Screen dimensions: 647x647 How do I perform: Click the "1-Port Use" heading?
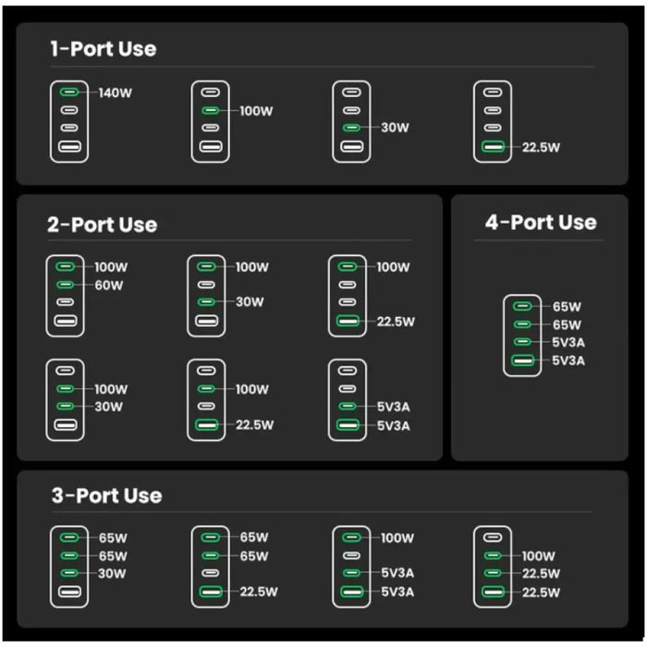coord(103,49)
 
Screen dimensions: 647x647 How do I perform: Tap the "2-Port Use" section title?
coord(103,225)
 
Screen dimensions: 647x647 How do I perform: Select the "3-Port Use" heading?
coord(106,495)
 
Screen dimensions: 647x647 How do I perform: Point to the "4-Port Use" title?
coord(541,223)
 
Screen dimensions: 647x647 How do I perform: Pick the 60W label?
coord(109,285)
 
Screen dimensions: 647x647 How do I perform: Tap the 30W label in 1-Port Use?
coord(395,128)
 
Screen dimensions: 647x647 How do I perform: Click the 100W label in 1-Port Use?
coord(256,111)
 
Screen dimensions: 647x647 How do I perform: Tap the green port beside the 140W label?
coord(69,92)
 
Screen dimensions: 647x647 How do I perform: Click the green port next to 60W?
coord(65,285)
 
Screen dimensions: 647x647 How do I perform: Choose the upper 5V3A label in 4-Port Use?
coord(568,342)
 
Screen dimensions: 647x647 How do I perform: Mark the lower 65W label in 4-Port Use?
coord(567,324)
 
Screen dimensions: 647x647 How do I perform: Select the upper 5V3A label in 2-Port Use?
coord(393,407)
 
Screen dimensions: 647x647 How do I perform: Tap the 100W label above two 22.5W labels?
coord(538,556)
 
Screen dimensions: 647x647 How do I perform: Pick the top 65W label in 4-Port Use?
coord(567,306)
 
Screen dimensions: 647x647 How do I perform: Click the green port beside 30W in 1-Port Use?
coord(350,128)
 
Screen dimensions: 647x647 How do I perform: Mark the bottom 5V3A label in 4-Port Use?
coord(568,360)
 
